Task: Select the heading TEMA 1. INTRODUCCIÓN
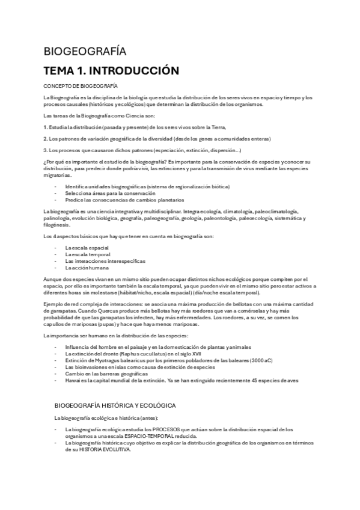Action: tap(111, 71)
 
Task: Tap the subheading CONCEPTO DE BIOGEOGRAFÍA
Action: tap(81, 87)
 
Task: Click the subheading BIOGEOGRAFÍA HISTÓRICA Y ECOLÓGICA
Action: tap(114, 389)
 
